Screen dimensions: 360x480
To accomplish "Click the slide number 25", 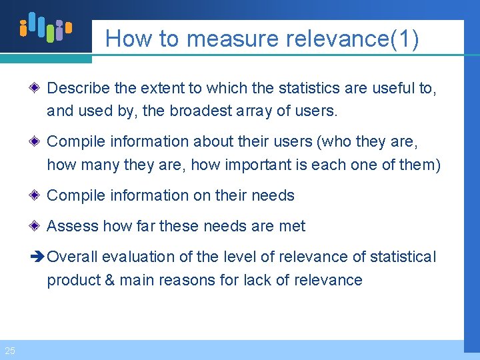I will (10, 351).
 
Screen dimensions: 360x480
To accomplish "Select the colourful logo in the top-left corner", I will (45, 27).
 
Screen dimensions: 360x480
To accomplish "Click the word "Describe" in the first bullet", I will (79, 88).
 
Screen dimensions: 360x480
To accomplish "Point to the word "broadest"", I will (201, 111).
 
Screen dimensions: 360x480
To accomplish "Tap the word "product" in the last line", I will (73, 280).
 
